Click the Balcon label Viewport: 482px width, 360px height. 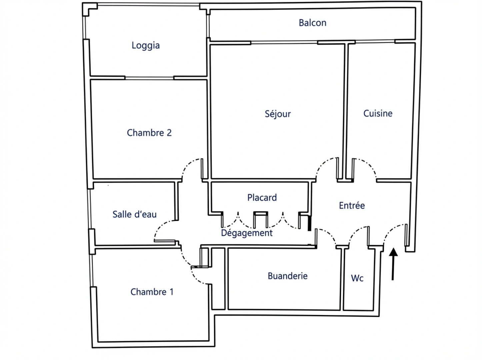pyautogui.click(x=312, y=23)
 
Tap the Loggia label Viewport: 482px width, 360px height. pyautogui.click(x=146, y=45)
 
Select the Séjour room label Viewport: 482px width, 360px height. pyautogui.click(x=278, y=114)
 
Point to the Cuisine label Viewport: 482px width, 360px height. pyautogui.click(x=378, y=113)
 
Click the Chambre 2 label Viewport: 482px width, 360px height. pyautogui.click(x=149, y=133)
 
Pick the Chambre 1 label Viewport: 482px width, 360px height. pyautogui.click(x=152, y=292)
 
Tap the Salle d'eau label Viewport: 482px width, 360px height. pyautogui.click(x=134, y=214)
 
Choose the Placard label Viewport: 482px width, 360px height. pyautogui.click(x=262, y=198)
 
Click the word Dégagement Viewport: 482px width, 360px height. pyautogui.click(x=247, y=233)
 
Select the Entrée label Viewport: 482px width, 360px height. pyautogui.click(x=352, y=205)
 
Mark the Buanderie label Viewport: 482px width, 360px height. pyautogui.click(x=288, y=276)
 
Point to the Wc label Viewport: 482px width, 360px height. pyautogui.click(x=357, y=278)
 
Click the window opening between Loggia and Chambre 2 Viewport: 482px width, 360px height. pyautogui.click(x=149, y=78)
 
